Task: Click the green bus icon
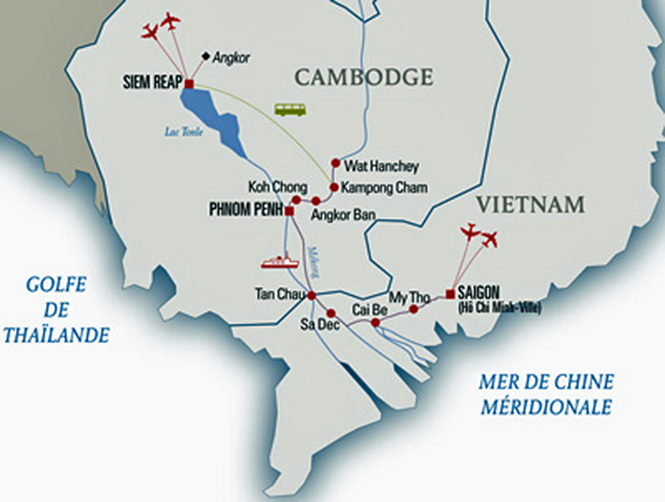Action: pos(291,109)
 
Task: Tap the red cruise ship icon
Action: pos(280,261)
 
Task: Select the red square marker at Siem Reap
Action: pos(189,84)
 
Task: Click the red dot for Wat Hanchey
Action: pos(336,163)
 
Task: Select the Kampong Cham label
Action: pos(384,188)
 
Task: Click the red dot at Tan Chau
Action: pos(311,295)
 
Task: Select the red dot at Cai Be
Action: pos(375,322)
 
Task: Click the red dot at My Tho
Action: pos(414,309)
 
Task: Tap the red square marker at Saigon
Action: pos(450,293)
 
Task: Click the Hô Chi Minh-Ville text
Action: pos(500,307)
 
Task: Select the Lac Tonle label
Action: pos(184,132)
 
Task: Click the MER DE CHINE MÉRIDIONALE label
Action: pos(547,394)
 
